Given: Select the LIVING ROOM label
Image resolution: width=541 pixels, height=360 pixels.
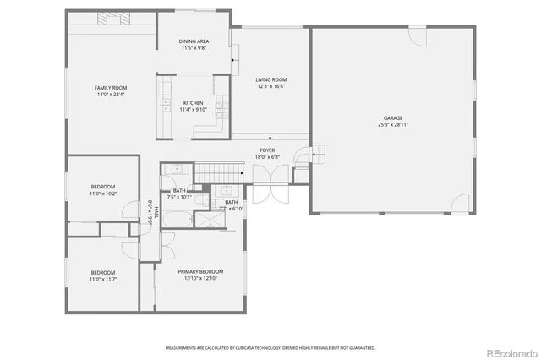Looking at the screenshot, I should pyautogui.click(x=271, y=79).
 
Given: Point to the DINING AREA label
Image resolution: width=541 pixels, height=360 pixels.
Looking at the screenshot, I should pyautogui.click(x=194, y=41).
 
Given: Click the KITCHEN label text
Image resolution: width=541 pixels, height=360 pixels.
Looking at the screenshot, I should pyautogui.click(x=193, y=103).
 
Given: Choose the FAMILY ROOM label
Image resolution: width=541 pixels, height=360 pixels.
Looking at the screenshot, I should pyautogui.click(x=111, y=88).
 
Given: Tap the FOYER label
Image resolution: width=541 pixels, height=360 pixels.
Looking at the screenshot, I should pyautogui.click(x=266, y=150).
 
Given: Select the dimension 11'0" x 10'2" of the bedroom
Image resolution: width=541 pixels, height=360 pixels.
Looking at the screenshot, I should pyautogui.click(x=103, y=194).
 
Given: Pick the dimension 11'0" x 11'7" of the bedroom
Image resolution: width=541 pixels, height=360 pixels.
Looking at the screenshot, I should pyautogui.click(x=103, y=278).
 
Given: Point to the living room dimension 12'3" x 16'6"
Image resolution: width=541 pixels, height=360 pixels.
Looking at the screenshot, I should pyautogui.click(x=271, y=85).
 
